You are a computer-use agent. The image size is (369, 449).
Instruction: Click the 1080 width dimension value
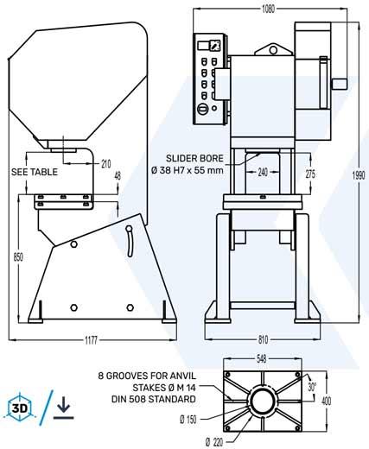point(268,9)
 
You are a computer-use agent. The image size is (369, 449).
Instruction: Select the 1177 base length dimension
point(92,340)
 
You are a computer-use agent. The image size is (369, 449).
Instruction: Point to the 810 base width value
point(263,339)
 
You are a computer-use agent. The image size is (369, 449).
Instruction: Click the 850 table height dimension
point(18,257)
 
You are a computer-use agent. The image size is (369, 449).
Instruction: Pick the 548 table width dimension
point(261,359)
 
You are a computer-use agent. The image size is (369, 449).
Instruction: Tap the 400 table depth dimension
point(326,401)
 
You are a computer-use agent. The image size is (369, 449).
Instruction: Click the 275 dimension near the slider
point(310,174)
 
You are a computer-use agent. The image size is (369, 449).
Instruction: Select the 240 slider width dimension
point(263,172)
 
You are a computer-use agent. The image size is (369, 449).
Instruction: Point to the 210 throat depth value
point(106,164)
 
